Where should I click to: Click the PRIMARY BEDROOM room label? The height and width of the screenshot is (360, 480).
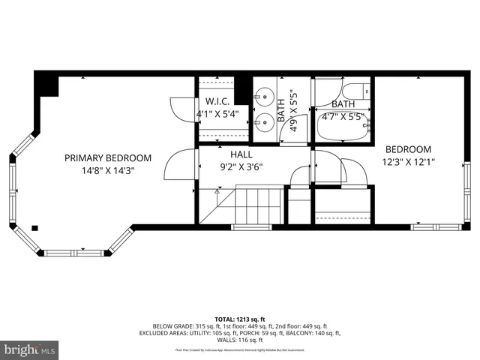(x=108, y=158)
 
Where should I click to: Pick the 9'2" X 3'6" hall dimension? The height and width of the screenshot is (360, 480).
(x=240, y=166)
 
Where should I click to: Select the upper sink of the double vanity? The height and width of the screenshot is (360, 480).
(x=263, y=95)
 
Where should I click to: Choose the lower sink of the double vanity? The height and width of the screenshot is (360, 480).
(x=263, y=122)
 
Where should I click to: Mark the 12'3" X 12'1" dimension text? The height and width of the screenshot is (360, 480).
(x=409, y=161)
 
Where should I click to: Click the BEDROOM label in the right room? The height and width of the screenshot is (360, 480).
(x=409, y=149)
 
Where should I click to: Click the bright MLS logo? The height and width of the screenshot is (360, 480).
(x=30, y=349)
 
